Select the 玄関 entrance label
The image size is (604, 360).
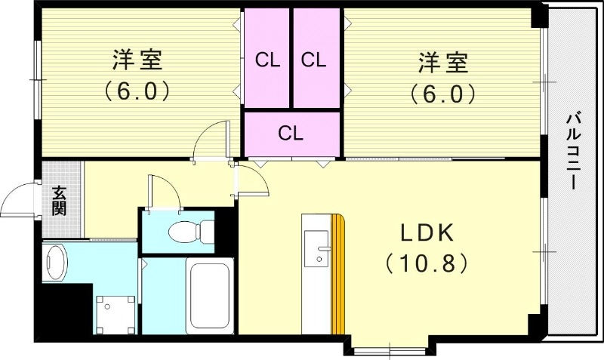tap(59, 200)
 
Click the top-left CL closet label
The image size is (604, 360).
tap(267, 60)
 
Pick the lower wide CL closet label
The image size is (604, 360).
tap(291, 134)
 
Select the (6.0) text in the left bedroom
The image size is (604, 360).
tap(137, 92)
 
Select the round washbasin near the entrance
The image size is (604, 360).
tap(55, 262)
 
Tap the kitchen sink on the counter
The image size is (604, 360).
tap(316, 248)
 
